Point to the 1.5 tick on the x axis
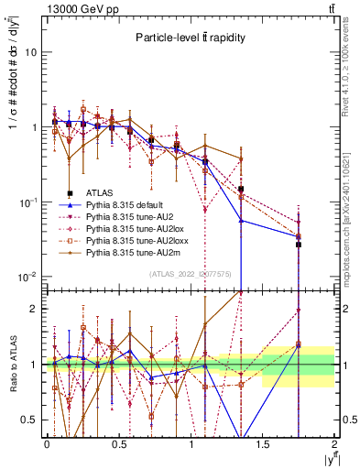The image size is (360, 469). tap(262, 443)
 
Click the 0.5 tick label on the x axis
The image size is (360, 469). tap(118, 443)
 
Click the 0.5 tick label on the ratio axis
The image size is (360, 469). tap(33, 420)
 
